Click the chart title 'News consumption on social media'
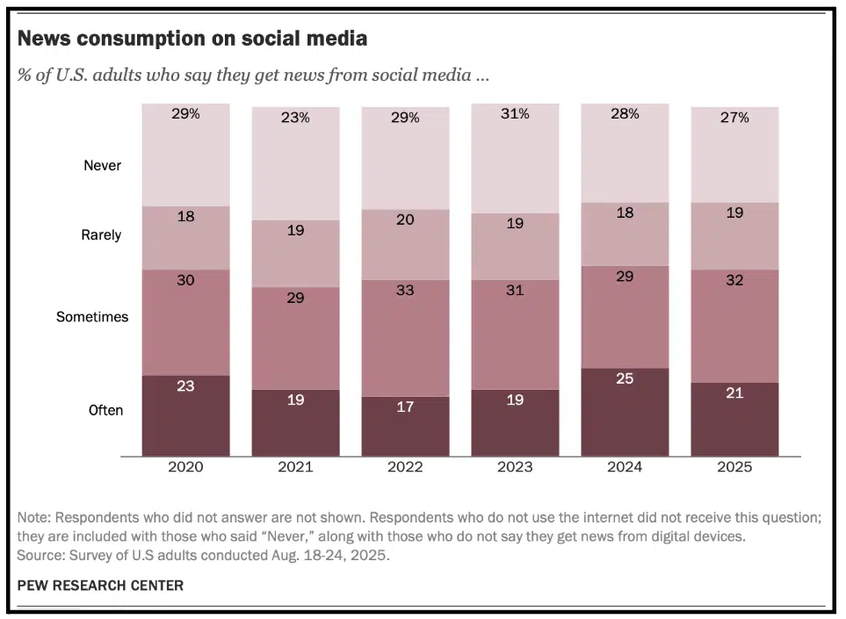click(192, 39)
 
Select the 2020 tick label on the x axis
click(185, 467)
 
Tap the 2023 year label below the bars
click(515, 467)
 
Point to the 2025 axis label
click(734, 467)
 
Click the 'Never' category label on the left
click(102, 165)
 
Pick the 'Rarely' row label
click(101, 235)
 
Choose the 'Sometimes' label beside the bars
click(92, 317)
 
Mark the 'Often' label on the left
click(105, 410)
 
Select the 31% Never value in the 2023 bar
click(515, 113)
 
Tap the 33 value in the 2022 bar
click(405, 290)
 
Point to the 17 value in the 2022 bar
click(405, 407)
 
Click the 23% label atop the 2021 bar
click(295, 117)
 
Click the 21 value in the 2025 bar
click(734, 392)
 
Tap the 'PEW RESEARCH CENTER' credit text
click(100, 586)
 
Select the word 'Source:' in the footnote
click(41, 556)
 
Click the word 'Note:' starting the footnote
click(35, 518)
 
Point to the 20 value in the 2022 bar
click(405, 220)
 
